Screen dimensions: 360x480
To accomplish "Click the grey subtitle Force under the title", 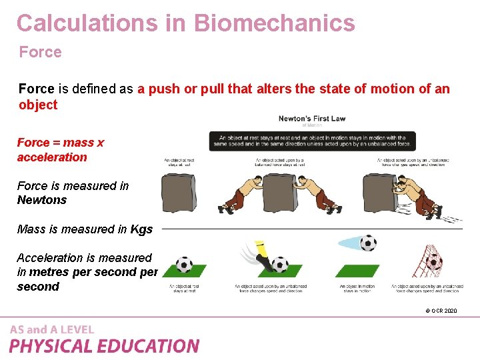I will [40, 52].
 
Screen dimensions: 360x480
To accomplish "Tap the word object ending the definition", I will [38, 105].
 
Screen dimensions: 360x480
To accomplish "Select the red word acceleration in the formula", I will [52, 157].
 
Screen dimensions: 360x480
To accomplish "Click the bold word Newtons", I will [42, 200].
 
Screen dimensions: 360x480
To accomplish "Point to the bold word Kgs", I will [141, 229].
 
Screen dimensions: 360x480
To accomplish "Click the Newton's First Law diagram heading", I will [311, 119].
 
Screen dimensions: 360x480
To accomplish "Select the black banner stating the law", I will [312, 141].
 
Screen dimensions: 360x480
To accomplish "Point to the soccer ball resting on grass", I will [183, 265].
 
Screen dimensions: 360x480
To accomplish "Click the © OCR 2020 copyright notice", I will [441, 311].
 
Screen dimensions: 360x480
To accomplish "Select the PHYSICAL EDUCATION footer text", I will [104, 346].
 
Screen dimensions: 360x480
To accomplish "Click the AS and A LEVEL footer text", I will [52, 329].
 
